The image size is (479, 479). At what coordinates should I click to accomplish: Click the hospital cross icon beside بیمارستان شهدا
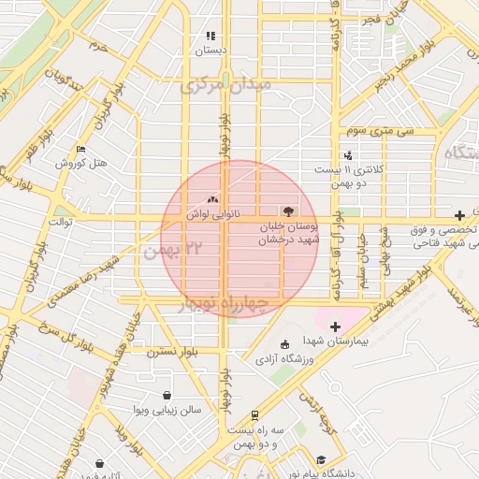pyautogui.click(x=336, y=326)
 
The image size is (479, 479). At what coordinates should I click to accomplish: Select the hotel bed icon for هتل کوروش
pyautogui.click(x=80, y=149)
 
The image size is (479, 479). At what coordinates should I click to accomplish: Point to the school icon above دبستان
pyautogui.click(x=210, y=36)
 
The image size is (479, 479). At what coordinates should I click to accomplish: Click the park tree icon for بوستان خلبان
pyautogui.click(x=286, y=212)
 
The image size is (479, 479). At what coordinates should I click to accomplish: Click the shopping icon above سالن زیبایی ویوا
pyautogui.click(x=167, y=395)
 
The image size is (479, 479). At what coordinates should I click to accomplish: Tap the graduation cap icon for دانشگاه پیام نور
pyautogui.click(x=321, y=460)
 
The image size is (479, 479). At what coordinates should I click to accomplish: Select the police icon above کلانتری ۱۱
pyautogui.click(x=348, y=155)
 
